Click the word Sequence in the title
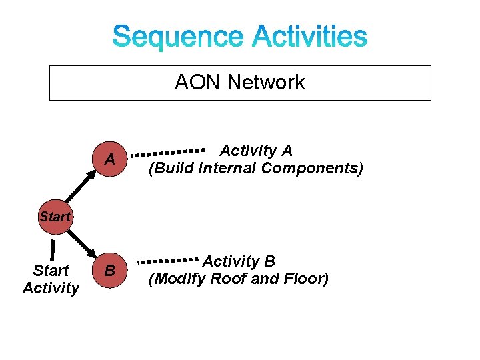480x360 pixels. click(x=178, y=37)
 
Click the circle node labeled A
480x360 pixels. click(x=110, y=159)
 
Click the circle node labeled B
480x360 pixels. click(x=110, y=271)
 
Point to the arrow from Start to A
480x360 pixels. click(x=81, y=189)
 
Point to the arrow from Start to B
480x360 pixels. click(x=81, y=243)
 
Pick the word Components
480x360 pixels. click(x=312, y=168)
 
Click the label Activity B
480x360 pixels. click(x=239, y=261)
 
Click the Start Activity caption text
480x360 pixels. click(x=51, y=279)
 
